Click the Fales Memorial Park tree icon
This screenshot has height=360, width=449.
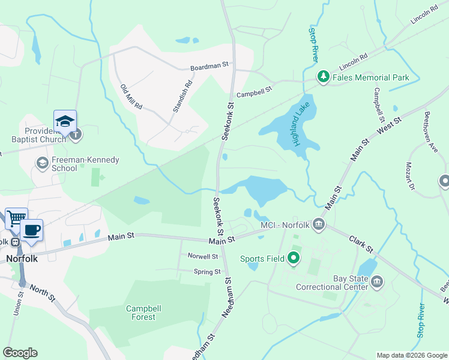(324, 77)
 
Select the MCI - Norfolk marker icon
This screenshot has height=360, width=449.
(319, 226)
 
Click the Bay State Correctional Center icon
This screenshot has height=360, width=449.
(377, 281)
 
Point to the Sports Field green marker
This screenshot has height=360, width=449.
(294, 259)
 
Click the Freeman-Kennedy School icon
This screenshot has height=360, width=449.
(42, 163)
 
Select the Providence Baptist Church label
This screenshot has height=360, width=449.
(44, 135)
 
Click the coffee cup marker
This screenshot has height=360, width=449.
(31, 229)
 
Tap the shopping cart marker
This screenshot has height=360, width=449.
(16, 218)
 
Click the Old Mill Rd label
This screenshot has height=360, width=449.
(131, 97)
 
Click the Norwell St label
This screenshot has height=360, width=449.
(202, 256)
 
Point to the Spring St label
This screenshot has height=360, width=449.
(207, 272)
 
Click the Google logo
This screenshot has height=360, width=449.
(20, 353)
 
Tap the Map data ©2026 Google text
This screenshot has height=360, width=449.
(411, 355)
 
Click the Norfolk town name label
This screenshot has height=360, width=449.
(22, 259)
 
